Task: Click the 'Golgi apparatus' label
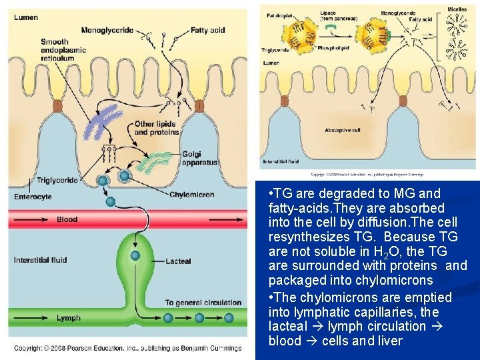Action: [x=199, y=159]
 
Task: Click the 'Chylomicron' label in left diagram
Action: [x=192, y=195]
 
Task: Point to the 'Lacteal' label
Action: [x=178, y=261]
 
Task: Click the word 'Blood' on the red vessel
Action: [x=67, y=219]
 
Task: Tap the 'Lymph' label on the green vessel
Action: [x=68, y=318]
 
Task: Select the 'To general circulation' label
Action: [x=203, y=303]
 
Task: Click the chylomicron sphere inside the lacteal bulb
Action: [x=135, y=255]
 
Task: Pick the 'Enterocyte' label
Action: [x=33, y=197]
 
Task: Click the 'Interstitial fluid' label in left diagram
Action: [x=40, y=260]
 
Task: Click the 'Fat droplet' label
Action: [x=280, y=15]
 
